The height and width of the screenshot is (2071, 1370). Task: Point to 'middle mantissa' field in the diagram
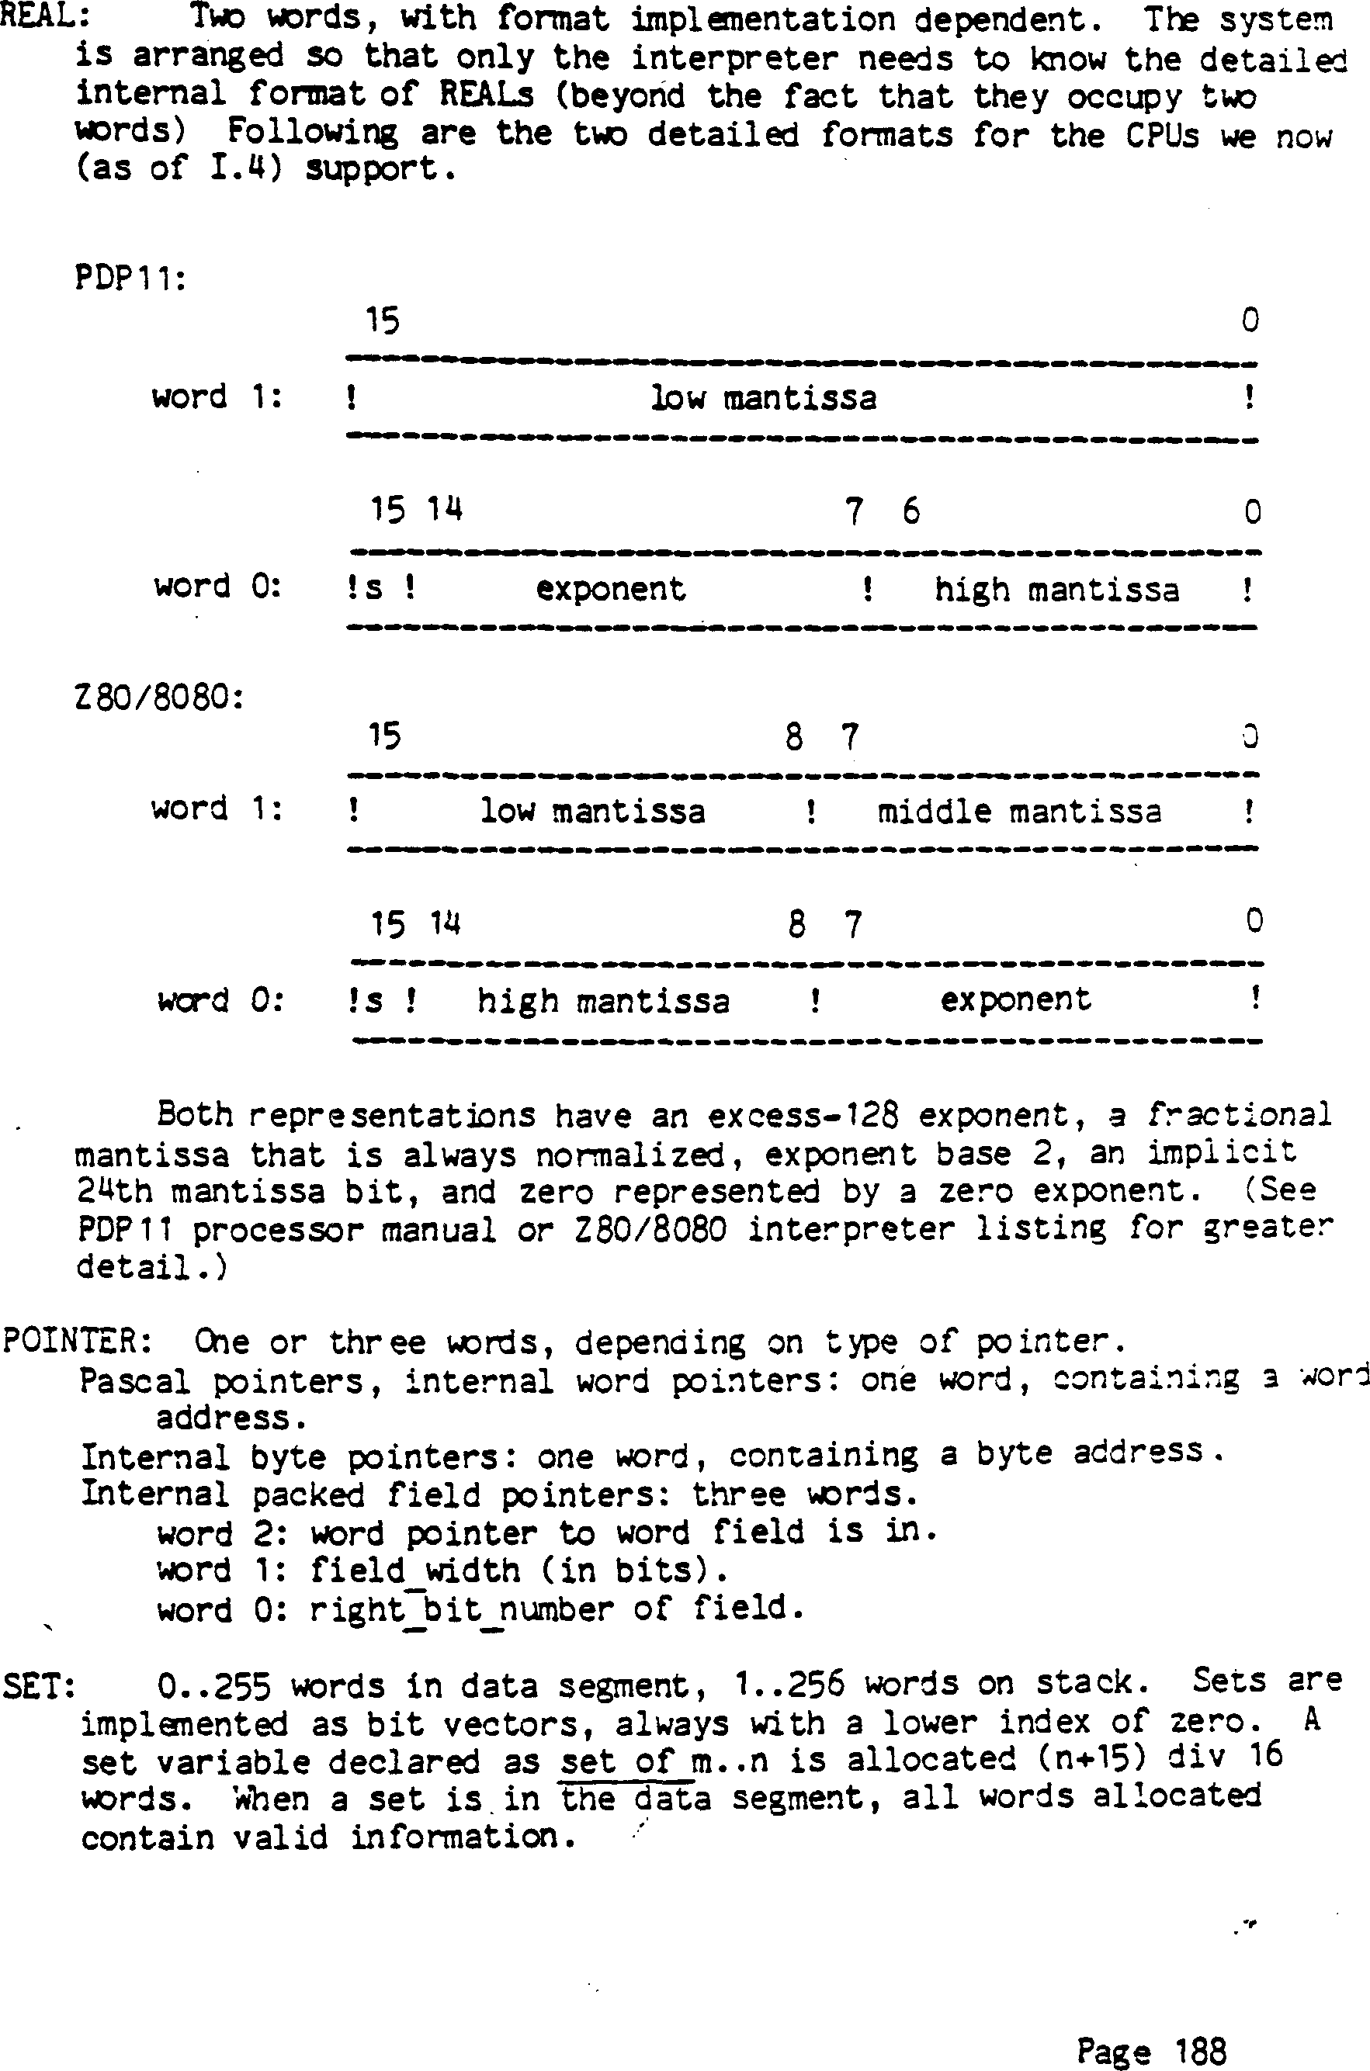pyautogui.click(x=1018, y=812)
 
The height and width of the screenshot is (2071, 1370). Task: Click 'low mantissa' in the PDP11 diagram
pyautogui.click(x=763, y=398)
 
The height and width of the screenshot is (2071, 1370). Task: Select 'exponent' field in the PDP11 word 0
pyautogui.click(x=610, y=589)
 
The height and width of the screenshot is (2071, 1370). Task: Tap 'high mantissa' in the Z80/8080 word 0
pyautogui.click(x=603, y=1000)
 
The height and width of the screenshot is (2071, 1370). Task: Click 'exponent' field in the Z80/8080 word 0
pyautogui.click(x=1015, y=999)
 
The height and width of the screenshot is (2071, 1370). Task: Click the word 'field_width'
pyautogui.click(x=415, y=1571)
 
